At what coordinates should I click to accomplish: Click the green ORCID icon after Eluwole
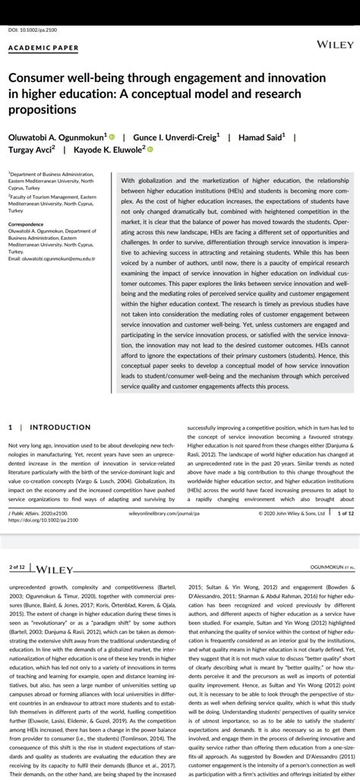point(150,150)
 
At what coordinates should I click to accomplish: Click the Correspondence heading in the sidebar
point(27,225)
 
